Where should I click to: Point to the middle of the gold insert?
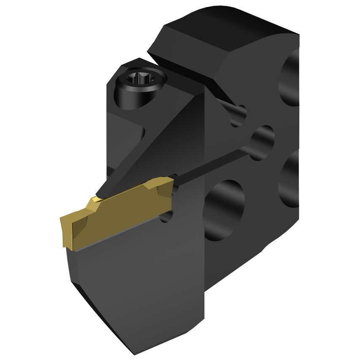[x=118, y=211]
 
